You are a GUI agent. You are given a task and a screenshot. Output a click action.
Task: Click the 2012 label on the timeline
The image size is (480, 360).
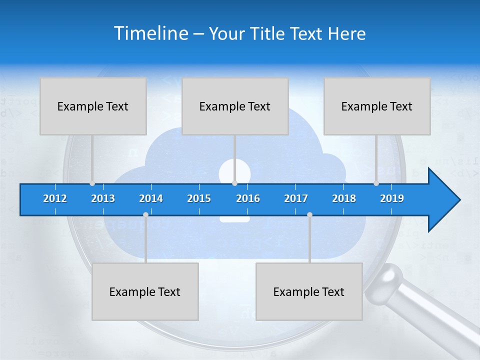click(55, 198)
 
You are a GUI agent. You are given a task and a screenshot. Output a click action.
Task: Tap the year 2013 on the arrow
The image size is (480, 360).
click(103, 198)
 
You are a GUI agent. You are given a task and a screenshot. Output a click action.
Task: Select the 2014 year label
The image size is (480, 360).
click(151, 198)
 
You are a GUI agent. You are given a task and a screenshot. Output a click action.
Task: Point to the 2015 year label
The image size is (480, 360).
click(199, 198)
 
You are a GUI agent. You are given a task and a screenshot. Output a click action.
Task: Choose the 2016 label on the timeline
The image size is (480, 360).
click(248, 198)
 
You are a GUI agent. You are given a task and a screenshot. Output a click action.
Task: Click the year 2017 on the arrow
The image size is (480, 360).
click(296, 198)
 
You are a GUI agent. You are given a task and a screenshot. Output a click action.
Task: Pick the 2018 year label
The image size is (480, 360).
click(344, 198)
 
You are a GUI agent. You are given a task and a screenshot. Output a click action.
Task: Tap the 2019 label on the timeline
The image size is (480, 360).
click(392, 198)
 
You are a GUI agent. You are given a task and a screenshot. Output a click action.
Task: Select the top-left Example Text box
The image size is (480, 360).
click(93, 106)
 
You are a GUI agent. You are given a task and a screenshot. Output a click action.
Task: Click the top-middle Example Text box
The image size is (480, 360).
click(235, 106)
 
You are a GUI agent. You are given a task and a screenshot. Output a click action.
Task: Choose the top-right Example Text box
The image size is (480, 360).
click(377, 106)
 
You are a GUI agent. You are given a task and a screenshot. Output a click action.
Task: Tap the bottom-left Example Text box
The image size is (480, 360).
click(145, 291)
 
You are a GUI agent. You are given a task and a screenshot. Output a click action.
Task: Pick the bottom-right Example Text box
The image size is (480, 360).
click(309, 291)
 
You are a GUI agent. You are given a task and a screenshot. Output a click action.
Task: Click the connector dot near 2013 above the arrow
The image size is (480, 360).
click(92, 183)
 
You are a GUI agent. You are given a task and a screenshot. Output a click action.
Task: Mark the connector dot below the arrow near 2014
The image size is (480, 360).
click(145, 214)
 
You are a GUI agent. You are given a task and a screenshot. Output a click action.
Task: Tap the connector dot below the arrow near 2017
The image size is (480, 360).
click(309, 214)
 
